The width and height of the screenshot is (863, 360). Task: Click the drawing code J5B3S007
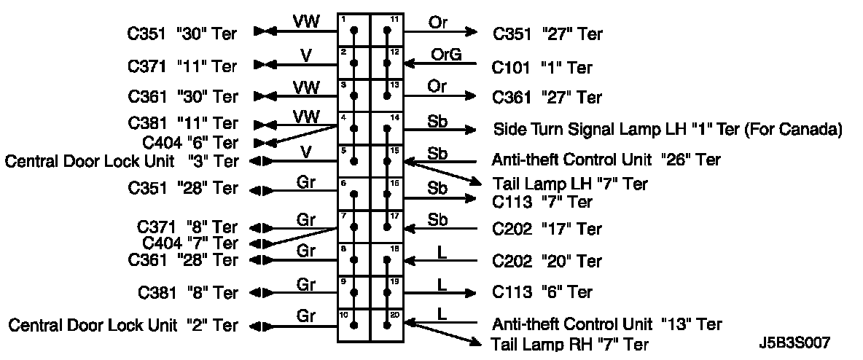pos(793,342)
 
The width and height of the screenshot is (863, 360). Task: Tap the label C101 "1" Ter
pos(542,68)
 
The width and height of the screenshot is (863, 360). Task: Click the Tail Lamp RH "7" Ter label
pos(570,344)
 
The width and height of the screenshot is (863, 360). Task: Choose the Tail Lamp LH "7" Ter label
pos(570,184)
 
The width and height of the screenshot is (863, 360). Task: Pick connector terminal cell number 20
pos(387,325)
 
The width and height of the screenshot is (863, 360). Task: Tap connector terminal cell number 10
pos(354,325)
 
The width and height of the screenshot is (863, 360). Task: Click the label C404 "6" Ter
pos(190,142)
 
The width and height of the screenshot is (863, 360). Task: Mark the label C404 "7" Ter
pos(190,243)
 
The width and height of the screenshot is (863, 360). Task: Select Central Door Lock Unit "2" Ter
pos(122,325)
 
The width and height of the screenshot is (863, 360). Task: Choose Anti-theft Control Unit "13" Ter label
pos(607,324)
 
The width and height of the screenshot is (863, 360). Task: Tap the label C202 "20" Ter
pos(547,260)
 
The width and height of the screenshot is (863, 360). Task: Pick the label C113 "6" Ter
pos(542,292)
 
